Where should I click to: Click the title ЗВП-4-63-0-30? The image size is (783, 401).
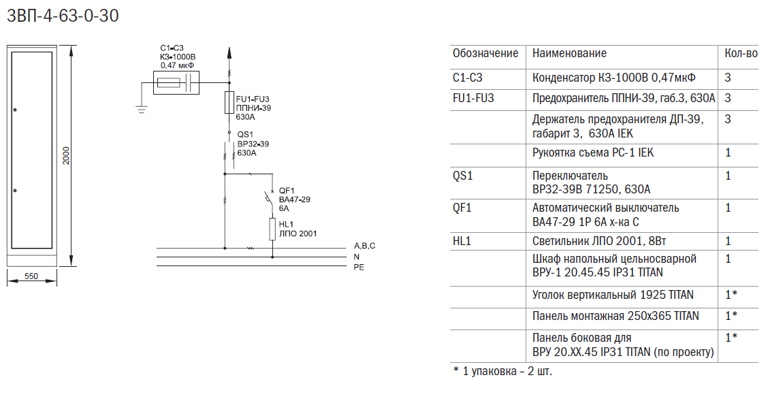tap(63, 16)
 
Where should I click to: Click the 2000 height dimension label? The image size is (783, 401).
tap(67, 156)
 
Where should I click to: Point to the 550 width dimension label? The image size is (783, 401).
tap(31, 276)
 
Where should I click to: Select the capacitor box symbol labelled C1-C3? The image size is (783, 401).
tap(175, 82)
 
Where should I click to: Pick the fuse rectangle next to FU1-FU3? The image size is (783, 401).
tap(229, 103)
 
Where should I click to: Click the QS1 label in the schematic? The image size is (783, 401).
tap(245, 135)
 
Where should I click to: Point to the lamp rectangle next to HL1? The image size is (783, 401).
tap(272, 229)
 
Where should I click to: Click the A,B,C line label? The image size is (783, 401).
tap(364, 246)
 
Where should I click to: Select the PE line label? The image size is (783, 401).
tap(359, 267)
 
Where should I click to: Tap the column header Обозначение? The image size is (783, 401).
tap(485, 53)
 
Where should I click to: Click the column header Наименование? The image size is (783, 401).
tap(569, 53)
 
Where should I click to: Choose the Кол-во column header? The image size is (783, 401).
tap(741, 53)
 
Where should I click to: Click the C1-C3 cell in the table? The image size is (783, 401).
tap(467, 78)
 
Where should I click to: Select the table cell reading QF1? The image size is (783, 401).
tap(462, 208)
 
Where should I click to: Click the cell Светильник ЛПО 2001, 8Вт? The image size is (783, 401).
tap(599, 241)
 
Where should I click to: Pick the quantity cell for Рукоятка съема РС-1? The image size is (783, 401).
tap(728, 153)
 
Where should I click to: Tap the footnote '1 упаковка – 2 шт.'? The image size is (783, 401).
tap(502, 371)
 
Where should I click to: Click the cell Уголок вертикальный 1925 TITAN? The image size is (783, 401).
tap(613, 295)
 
